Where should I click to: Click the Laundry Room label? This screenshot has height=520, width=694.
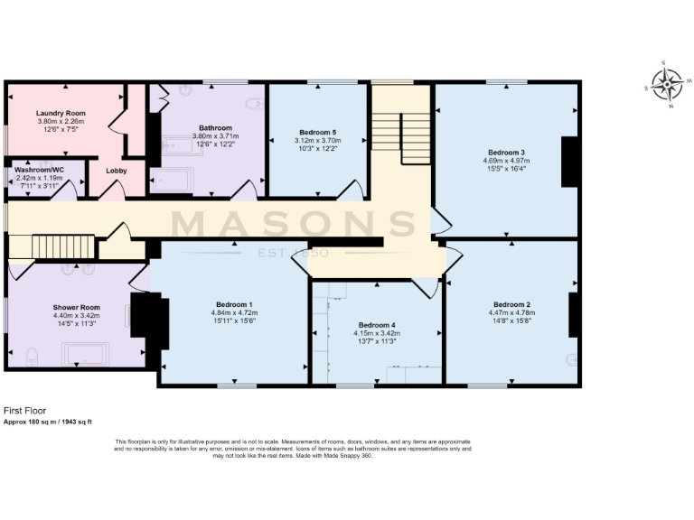pyautogui.click(x=61, y=114)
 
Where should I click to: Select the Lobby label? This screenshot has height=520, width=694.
pyautogui.click(x=117, y=170)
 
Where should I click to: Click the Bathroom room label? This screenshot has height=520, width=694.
pyautogui.click(x=216, y=128)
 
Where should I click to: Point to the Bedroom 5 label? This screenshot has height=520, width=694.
pyautogui.click(x=318, y=133)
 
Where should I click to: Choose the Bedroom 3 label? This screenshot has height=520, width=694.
pyautogui.click(x=506, y=152)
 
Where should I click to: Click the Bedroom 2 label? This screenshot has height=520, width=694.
pyautogui.click(x=511, y=304)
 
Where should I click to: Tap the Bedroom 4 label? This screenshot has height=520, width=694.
pyautogui.click(x=377, y=324)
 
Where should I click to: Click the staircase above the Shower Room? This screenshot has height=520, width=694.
pyautogui.click(x=64, y=245)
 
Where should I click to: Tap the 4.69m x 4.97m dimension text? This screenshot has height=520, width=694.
pyautogui.click(x=506, y=161)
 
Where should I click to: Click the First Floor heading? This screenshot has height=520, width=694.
pyautogui.click(x=23, y=409)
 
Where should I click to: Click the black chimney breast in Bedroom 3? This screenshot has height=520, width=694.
pyautogui.click(x=569, y=162)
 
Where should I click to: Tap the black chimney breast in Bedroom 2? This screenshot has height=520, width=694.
pyautogui.click(x=573, y=314)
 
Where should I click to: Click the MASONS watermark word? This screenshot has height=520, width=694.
pyautogui.click(x=295, y=224)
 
